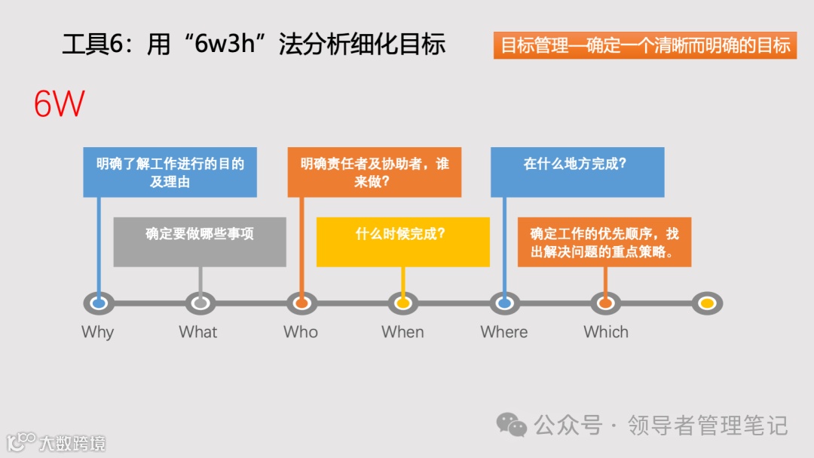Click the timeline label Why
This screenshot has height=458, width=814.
pyautogui.click(x=97, y=332)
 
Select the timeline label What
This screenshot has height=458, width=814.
pyautogui.click(x=198, y=332)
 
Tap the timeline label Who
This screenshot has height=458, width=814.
pyautogui.click(x=301, y=332)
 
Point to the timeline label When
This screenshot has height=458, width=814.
pyautogui.click(x=402, y=332)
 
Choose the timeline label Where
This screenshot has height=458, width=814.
pyautogui.click(x=504, y=332)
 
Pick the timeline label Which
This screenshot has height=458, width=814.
pyautogui.click(x=606, y=332)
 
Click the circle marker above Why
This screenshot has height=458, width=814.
pyautogui.click(x=99, y=303)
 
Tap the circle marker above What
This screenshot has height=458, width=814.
pyautogui.click(x=200, y=303)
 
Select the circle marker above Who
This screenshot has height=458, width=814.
pyautogui.click(x=301, y=303)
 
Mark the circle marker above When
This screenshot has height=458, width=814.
pyautogui.click(x=403, y=303)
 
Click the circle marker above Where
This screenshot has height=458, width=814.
pyautogui.click(x=505, y=303)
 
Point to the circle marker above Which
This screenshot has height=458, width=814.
pyautogui.click(x=605, y=303)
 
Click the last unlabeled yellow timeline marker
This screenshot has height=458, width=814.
pyautogui.click(x=707, y=303)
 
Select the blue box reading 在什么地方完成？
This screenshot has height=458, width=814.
pyautogui.click(x=577, y=172)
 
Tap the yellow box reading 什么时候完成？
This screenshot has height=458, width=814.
pyautogui.click(x=402, y=241)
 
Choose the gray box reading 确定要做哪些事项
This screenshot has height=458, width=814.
pyautogui.click(x=200, y=241)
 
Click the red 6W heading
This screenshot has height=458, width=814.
pyautogui.click(x=59, y=104)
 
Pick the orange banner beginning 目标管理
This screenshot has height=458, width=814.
pyautogui.click(x=645, y=45)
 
